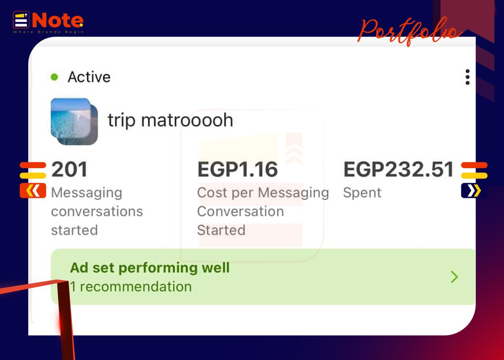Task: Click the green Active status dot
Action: [54, 77]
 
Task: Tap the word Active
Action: [89, 77]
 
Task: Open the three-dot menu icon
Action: [468, 77]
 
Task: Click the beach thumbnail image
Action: [74, 121]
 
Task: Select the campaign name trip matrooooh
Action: [170, 120]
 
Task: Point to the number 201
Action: [69, 169]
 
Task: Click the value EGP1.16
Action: [238, 169]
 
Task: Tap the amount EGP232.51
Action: [399, 169]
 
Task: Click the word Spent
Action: [362, 193]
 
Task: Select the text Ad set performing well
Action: [150, 268]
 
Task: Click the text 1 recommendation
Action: [131, 287]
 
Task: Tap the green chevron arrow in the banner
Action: [454, 277]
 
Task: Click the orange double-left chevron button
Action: [33, 191]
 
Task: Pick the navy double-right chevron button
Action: [474, 191]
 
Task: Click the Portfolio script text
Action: [409, 31]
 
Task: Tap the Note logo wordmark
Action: [58, 21]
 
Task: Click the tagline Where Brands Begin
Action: [49, 32]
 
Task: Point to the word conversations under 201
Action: [97, 211]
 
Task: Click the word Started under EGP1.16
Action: [221, 230]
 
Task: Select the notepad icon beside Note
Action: [21, 20]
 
